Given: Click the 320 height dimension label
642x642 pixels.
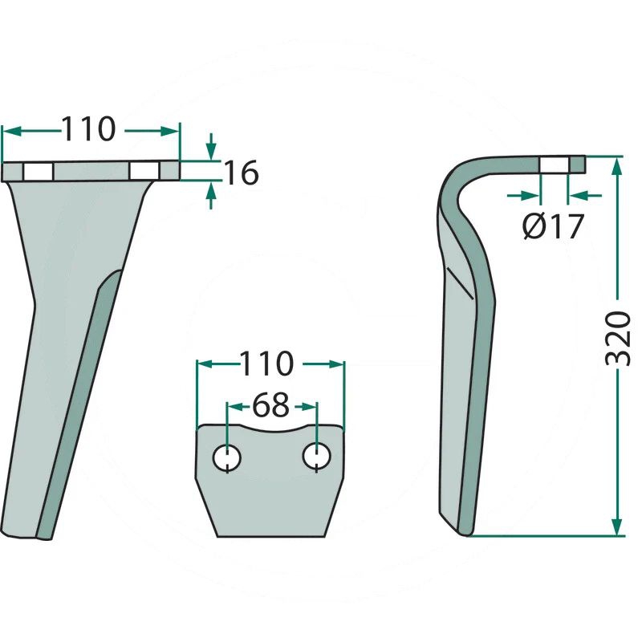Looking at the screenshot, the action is [x=617, y=338].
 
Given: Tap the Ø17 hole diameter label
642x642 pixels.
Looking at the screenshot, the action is [x=553, y=226].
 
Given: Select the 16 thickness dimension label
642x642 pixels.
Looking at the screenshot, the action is [x=242, y=173].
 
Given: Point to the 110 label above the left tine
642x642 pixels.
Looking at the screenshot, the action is [x=89, y=128].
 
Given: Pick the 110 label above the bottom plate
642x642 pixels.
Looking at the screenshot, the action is [x=266, y=364].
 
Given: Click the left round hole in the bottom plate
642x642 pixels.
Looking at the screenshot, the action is [x=227, y=457].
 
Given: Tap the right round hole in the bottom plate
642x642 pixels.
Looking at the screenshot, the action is [x=316, y=456].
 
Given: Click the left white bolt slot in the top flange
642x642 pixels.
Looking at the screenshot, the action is [x=38, y=172].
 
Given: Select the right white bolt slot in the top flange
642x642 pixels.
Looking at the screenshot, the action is [x=144, y=171].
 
